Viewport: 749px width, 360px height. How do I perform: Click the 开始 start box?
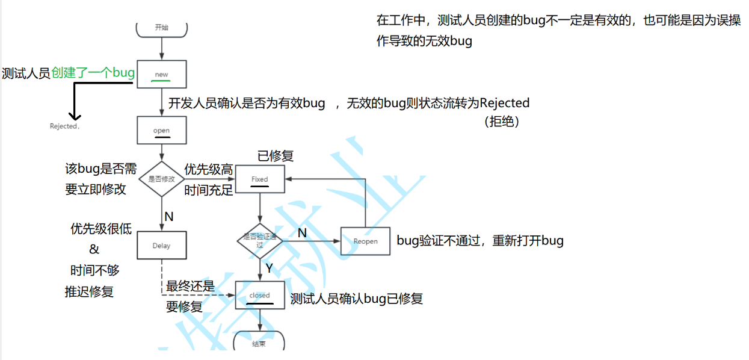point(162,28)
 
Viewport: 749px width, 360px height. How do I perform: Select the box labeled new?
point(162,74)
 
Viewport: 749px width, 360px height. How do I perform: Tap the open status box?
point(161,130)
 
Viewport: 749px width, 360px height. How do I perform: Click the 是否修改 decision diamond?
point(161,179)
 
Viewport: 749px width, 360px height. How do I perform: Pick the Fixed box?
point(259,179)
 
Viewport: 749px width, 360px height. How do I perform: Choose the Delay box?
point(161,245)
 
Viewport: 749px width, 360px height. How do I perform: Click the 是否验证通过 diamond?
point(260,241)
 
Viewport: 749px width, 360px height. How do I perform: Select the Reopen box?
point(365,241)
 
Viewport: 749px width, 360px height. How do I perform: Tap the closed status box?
point(260,295)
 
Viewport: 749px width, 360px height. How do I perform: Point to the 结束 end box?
point(259,343)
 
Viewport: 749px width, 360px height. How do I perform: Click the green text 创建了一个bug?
point(93,73)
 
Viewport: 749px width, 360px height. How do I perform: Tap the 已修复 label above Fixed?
point(276,156)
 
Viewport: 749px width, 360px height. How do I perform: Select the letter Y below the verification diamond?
point(269,268)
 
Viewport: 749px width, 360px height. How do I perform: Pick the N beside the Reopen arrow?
point(302,232)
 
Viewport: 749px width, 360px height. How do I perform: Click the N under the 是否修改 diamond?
point(169,216)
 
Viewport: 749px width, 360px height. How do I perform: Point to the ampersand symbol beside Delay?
point(94,249)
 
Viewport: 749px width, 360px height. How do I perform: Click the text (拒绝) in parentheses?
point(501,121)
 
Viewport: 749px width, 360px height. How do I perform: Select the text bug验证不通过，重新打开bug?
point(480,241)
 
